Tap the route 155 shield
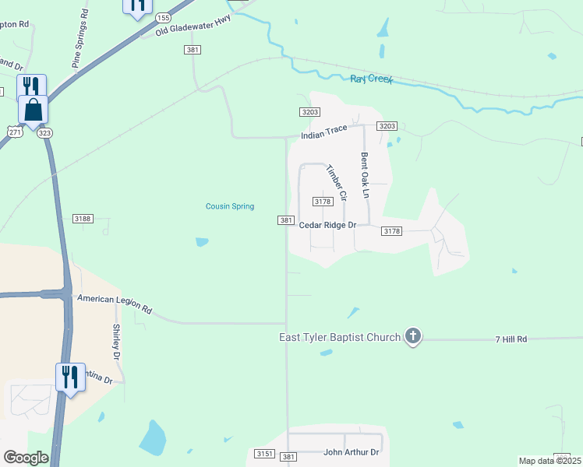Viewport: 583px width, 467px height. point(163,17)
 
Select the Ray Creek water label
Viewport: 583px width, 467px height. point(372,79)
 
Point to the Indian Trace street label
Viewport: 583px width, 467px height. point(324,132)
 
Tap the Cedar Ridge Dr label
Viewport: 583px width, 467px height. point(327,225)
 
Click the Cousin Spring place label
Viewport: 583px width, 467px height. point(230,206)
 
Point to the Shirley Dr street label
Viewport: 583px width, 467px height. point(116,342)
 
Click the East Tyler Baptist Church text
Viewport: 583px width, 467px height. point(340,337)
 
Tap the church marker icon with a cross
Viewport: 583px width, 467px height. point(413,336)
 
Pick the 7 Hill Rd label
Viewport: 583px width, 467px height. point(511,339)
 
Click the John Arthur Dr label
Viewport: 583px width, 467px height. point(351,452)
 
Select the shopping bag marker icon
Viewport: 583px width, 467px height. point(34,109)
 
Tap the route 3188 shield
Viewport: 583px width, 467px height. point(83,219)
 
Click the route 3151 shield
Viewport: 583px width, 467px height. point(265,454)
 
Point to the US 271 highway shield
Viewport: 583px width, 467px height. point(16,132)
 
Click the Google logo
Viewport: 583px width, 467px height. point(26,458)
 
